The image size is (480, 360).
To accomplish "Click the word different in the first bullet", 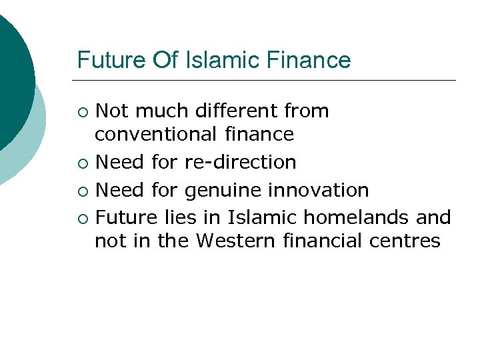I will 237,111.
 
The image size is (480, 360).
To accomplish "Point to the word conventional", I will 155,135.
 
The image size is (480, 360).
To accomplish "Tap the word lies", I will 177,217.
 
